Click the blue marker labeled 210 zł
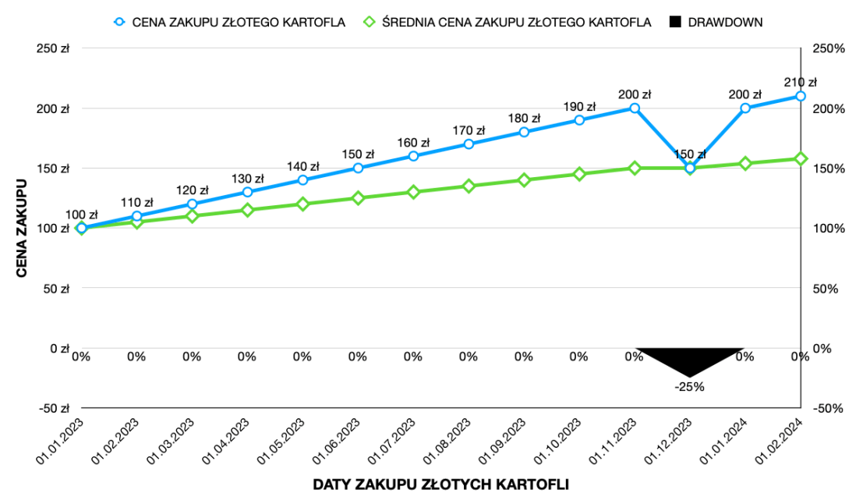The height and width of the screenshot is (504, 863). click(800, 96)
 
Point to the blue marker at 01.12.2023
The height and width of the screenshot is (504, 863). click(690, 168)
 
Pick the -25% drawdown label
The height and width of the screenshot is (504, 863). click(690, 385)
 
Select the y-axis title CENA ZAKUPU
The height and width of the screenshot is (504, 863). click(22, 228)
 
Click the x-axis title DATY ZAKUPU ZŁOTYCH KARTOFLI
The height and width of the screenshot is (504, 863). click(440, 484)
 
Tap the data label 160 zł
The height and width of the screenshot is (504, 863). click(414, 142)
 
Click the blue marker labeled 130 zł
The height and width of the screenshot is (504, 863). click(247, 192)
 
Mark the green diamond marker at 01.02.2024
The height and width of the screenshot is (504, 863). click(800, 158)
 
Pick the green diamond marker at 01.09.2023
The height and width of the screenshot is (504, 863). click(524, 180)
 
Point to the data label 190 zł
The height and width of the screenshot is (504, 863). click(579, 106)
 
